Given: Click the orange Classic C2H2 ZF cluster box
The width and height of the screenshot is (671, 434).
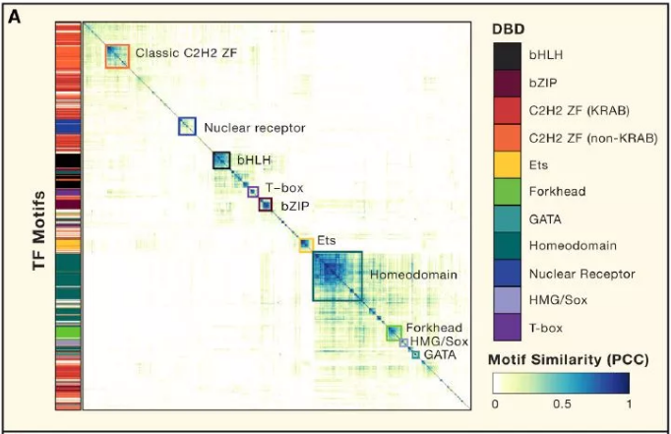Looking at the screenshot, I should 116,56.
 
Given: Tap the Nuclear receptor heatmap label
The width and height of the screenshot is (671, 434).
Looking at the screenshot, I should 254,128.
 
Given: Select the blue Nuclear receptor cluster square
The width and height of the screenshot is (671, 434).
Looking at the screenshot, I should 187,126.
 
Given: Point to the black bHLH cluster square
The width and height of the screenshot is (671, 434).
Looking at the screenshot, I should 221,159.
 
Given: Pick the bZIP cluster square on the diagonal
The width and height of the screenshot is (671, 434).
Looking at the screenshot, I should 265,205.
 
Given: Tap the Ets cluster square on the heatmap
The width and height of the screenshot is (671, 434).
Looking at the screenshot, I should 305,243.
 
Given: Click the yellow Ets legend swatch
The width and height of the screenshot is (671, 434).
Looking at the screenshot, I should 510,166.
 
